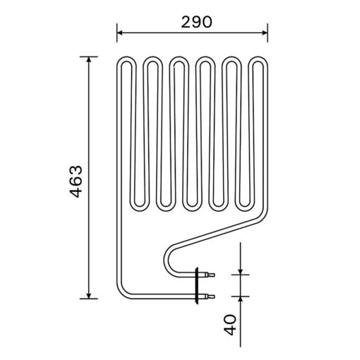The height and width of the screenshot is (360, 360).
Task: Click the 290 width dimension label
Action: point(196,23)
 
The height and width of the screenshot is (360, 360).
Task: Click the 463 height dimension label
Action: point(77,181)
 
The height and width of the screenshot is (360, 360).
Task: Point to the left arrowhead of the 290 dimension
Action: point(120,32)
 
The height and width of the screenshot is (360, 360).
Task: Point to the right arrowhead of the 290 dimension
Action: point(265,32)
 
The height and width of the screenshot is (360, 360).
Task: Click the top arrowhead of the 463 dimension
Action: point(89,60)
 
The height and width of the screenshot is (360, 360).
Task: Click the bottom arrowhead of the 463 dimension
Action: point(89,296)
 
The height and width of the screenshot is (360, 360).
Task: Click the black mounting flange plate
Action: point(197,285)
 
